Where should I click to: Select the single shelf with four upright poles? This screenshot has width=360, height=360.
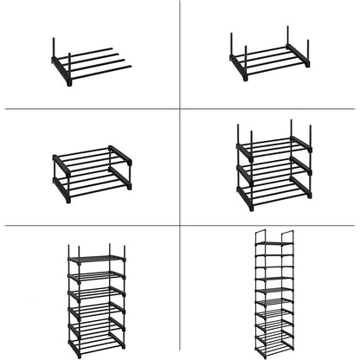(268, 59)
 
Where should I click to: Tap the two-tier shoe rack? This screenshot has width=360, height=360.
(91, 173)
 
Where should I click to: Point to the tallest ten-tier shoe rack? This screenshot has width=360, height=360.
(273, 294)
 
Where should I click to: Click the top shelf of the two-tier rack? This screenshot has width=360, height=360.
(91, 156)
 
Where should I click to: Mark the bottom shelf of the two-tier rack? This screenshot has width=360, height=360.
(91, 184)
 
